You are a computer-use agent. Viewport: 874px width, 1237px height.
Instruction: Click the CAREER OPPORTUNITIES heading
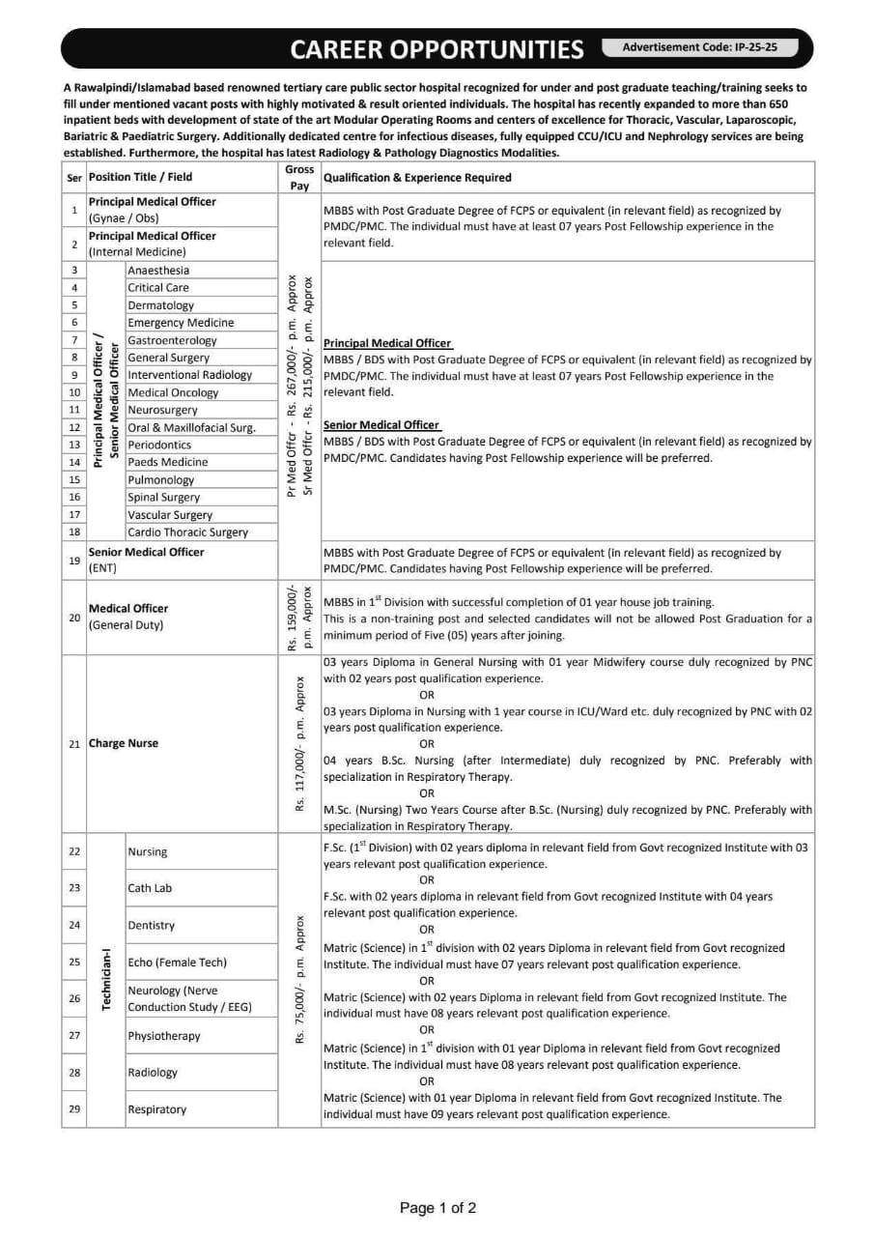[437, 49]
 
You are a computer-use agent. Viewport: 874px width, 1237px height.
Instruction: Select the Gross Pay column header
[299, 177]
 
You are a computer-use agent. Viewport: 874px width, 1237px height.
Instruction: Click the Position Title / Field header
[141, 177]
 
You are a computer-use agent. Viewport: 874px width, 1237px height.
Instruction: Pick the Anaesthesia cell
[158, 271]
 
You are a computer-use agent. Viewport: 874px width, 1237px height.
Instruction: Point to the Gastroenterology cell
[172, 340]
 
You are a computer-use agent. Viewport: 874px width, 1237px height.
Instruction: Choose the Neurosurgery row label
[162, 410]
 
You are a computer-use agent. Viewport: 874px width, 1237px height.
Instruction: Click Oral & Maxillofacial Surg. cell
[191, 427]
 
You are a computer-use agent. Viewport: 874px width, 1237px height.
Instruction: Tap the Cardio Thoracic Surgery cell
[187, 532]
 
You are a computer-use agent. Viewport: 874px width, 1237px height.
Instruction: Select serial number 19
[74, 560]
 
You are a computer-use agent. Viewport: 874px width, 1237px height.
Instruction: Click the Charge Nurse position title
[124, 743]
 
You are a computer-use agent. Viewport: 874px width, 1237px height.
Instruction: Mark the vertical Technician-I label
[106, 980]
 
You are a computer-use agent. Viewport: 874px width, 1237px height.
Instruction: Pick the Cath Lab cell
[150, 887]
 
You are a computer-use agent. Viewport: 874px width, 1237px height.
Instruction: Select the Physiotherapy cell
[164, 1036]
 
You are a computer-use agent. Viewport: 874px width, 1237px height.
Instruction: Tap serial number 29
[74, 1108]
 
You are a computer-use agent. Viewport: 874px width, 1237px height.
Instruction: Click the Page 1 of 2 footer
[437, 1207]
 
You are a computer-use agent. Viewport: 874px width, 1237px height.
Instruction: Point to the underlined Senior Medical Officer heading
[381, 425]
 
